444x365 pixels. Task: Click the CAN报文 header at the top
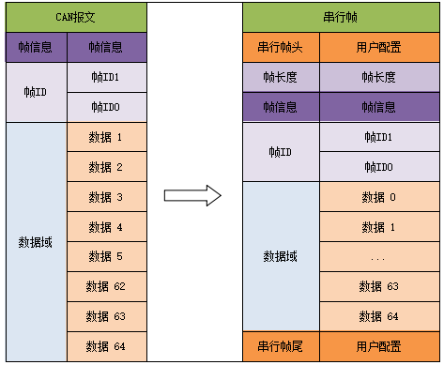click(x=77, y=16)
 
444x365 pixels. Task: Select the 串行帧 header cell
click(x=341, y=16)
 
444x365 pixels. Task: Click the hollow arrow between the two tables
click(x=192, y=195)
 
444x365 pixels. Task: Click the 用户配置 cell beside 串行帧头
click(x=379, y=46)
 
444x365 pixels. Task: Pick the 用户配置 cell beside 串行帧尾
click(x=379, y=346)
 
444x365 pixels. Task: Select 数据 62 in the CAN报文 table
click(x=106, y=286)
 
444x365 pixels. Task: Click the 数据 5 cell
click(x=106, y=256)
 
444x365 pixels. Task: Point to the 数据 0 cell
click(x=379, y=196)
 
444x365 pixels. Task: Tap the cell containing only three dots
click(x=379, y=256)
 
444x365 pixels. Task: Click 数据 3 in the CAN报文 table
click(x=106, y=196)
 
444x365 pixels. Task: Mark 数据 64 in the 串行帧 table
click(x=379, y=316)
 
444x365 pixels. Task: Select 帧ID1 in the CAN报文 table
click(x=106, y=77)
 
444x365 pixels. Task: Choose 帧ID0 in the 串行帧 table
click(x=379, y=166)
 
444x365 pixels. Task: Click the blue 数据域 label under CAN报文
click(x=37, y=241)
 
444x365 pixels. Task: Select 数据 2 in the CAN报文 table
click(x=106, y=166)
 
